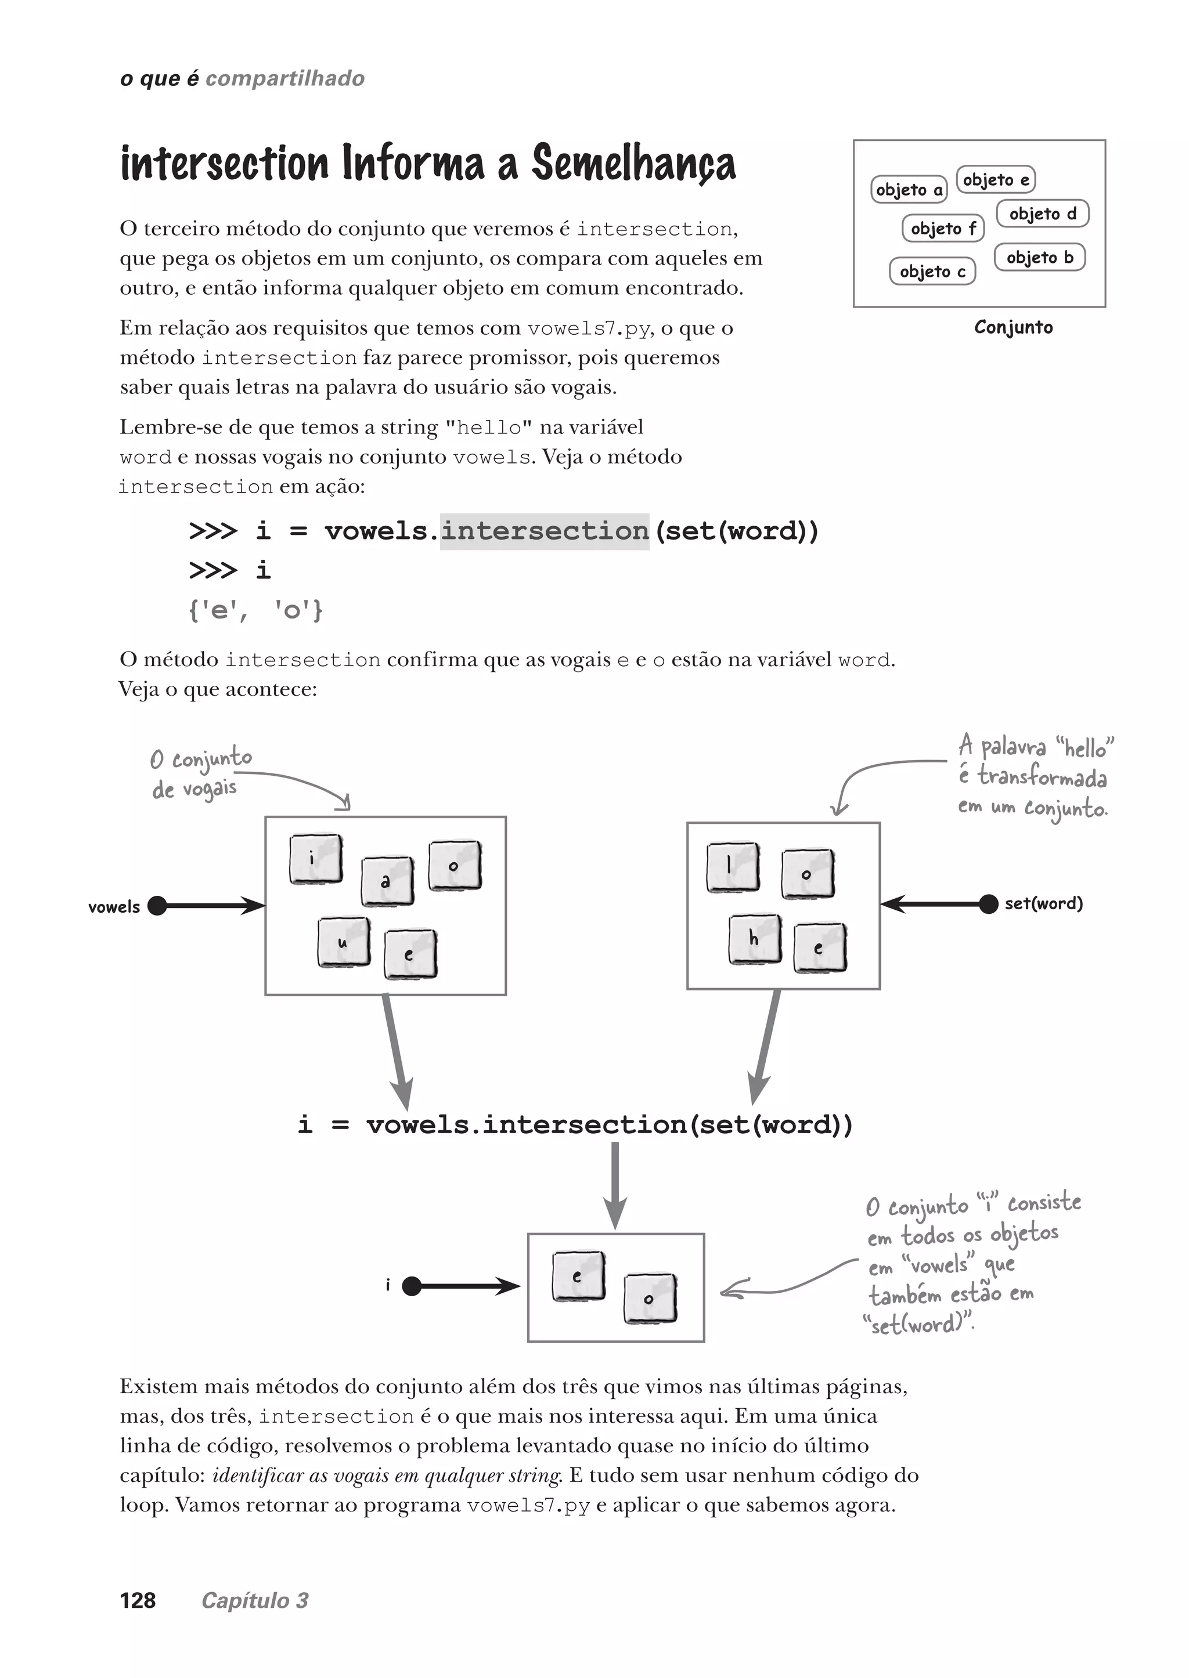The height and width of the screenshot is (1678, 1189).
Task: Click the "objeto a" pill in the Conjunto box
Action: click(909, 190)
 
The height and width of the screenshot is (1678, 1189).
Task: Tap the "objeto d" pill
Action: click(1043, 214)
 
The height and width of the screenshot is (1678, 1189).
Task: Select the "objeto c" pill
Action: click(932, 272)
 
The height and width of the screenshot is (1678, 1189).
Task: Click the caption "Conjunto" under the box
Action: click(1013, 327)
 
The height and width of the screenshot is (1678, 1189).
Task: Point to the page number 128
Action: click(138, 1600)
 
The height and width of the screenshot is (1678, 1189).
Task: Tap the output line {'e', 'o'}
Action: click(255, 610)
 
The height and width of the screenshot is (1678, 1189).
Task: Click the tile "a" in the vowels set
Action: click(387, 882)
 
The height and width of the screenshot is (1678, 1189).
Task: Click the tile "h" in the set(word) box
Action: click(755, 939)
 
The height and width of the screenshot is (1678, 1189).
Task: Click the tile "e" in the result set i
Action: click(578, 1275)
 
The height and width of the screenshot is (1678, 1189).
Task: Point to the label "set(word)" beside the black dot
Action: click(1043, 904)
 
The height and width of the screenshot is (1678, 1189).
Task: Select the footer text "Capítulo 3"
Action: click(255, 1600)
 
